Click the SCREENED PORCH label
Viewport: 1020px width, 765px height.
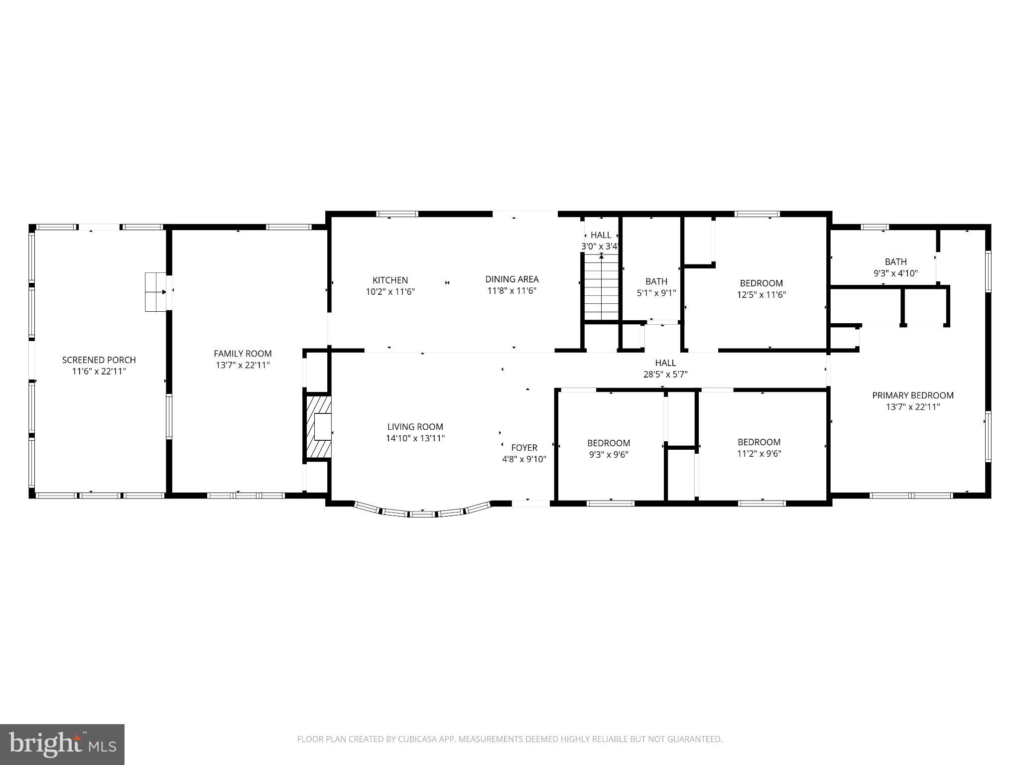[x=99, y=360]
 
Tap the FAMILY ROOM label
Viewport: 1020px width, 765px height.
[x=243, y=354]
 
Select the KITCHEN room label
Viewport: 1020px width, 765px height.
[x=390, y=280]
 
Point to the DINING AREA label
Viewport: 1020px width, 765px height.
[x=511, y=279]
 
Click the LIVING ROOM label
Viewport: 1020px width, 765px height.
[x=415, y=427]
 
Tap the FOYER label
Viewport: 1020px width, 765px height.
[x=524, y=448]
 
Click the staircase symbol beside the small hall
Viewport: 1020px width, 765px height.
[x=601, y=287]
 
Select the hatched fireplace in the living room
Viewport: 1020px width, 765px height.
[x=319, y=427]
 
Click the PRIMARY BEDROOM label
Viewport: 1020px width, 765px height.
[x=912, y=395]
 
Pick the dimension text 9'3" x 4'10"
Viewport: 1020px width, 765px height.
[x=895, y=273]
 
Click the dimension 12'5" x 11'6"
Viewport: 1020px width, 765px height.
[x=761, y=295]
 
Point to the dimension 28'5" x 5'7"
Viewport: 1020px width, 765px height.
[x=665, y=375]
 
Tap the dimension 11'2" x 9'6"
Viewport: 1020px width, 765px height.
[x=759, y=454]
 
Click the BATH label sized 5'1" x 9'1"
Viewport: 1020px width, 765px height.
[x=656, y=281]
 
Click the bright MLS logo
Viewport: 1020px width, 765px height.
[x=62, y=744]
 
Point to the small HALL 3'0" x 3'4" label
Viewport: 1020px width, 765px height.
[x=601, y=236]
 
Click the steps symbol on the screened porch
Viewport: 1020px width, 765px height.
[x=155, y=292]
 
